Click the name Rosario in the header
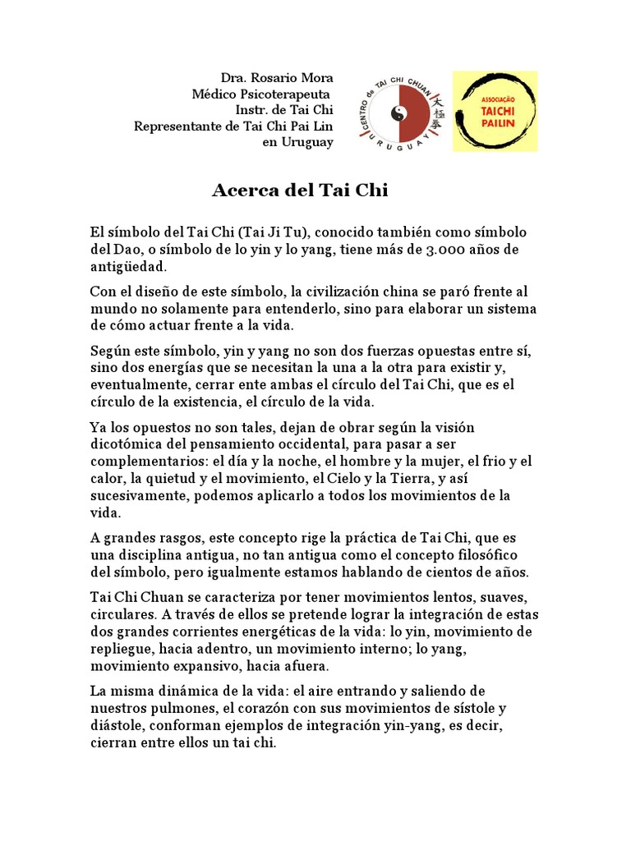click(x=268, y=78)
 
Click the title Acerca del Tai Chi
click(x=299, y=191)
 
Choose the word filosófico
click(x=486, y=555)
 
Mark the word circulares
click(x=120, y=614)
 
